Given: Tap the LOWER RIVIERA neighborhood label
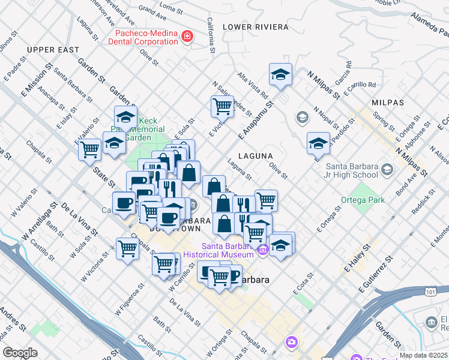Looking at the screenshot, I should (x=248, y=27).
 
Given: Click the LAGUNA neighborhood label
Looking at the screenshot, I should (x=256, y=156).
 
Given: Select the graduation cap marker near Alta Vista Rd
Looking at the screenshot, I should (x=280, y=74).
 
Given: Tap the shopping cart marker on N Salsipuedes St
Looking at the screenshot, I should (x=222, y=106).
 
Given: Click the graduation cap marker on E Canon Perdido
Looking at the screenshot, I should (x=318, y=143).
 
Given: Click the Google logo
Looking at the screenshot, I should (x=20, y=353).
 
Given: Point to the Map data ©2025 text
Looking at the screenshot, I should (x=423, y=355).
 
